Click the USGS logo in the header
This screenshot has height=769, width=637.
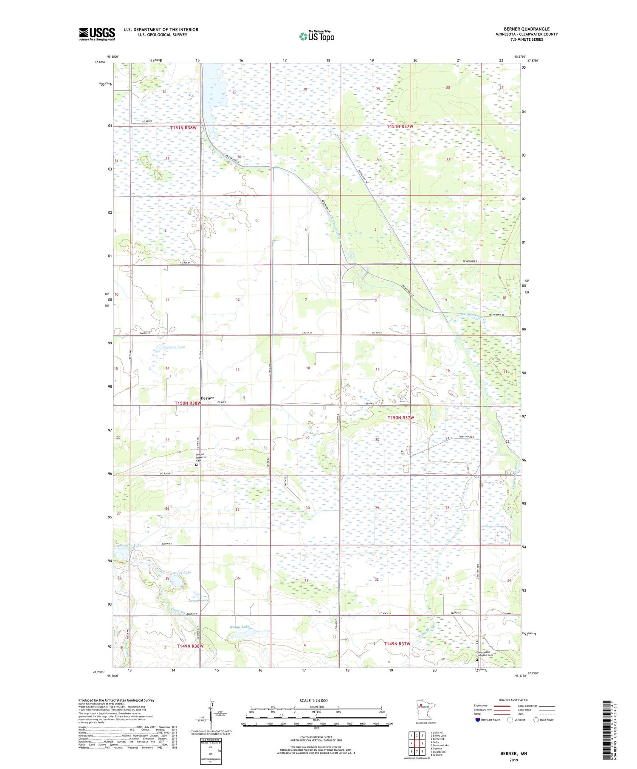coord(97,34)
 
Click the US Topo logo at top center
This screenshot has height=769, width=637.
coord(316,36)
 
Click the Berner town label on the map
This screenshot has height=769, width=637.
coord(207,398)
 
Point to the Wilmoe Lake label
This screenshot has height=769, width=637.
coord(175,347)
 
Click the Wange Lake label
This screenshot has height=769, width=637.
coord(240,627)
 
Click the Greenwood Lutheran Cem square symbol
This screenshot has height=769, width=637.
coord(477,660)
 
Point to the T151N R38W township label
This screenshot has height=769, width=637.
coord(183,128)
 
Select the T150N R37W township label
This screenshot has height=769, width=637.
coord(400,418)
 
